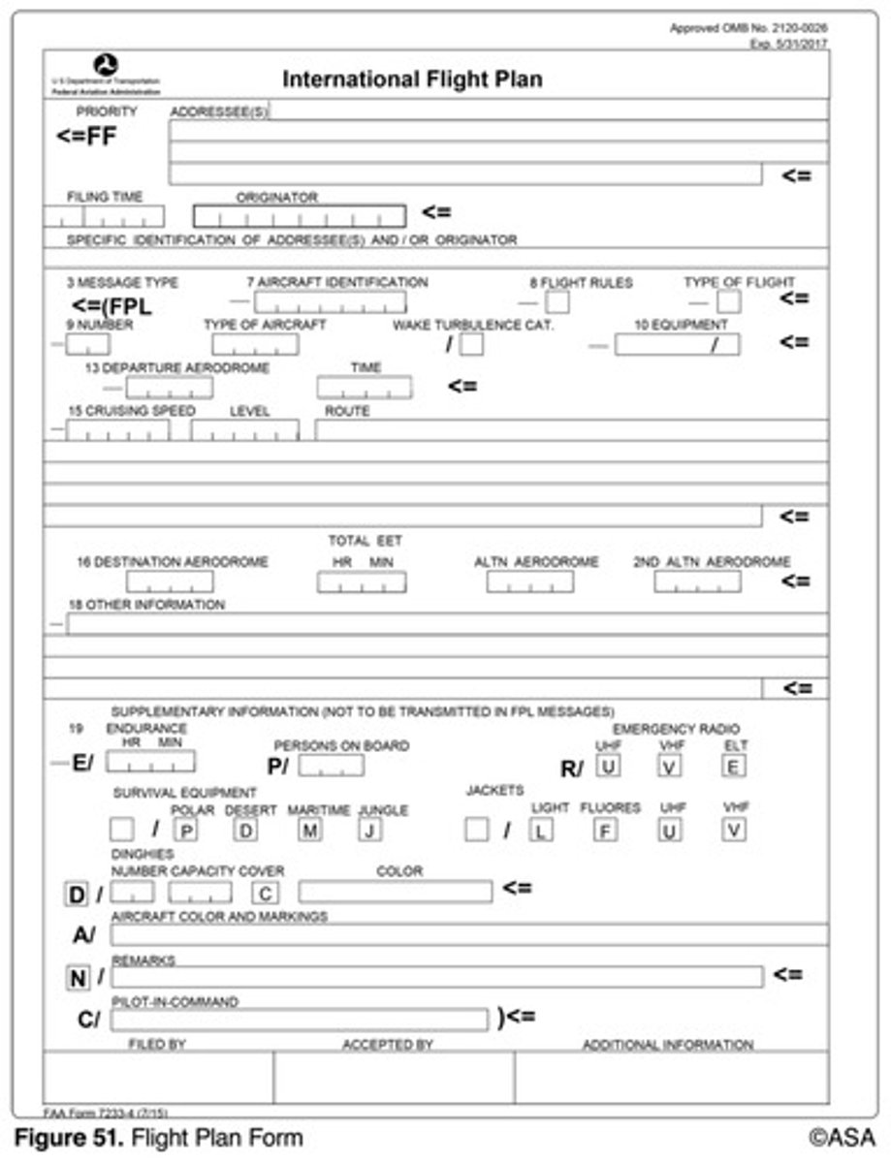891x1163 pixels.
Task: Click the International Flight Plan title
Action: [412, 79]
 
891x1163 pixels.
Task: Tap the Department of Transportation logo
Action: [112, 66]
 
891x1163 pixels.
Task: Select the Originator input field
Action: [299, 216]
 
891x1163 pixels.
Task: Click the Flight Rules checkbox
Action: [557, 302]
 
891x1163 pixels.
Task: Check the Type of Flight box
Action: [728, 302]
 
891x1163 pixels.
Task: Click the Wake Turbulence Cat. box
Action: [472, 344]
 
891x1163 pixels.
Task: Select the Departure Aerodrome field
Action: [170, 388]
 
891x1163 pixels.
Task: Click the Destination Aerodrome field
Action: [170, 581]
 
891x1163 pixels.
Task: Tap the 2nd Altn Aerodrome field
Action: [697, 581]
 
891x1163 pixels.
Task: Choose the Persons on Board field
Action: [332, 766]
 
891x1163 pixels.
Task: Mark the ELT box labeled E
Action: [734, 766]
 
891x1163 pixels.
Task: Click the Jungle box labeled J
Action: [369, 830]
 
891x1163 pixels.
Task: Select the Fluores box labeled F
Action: [605, 830]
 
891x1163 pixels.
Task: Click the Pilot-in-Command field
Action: [300, 1020]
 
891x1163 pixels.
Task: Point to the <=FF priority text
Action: [86, 136]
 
